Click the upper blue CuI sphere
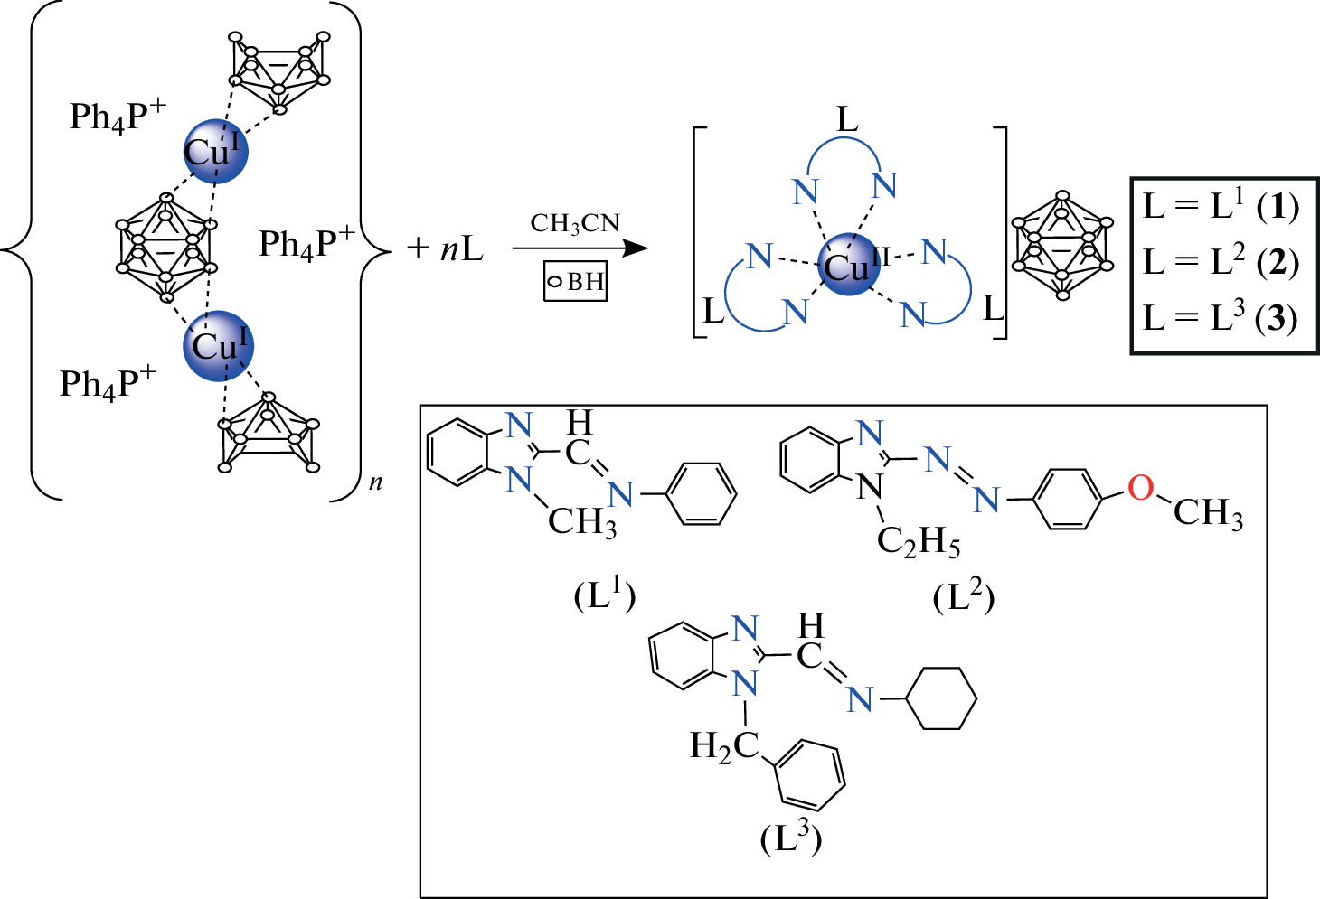pyautogui.click(x=215, y=151)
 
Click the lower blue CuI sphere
pyautogui.click(x=218, y=345)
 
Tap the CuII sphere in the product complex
pyautogui.click(x=848, y=265)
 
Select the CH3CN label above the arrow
pyautogui.click(x=575, y=224)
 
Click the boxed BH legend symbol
pyautogui.click(x=575, y=281)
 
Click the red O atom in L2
pyautogui.click(x=1140, y=488)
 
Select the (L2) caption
pyautogui.click(x=964, y=596)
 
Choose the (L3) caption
pyautogui.click(x=791, y=838)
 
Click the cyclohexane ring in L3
pyautogui.click(x=941, y=698)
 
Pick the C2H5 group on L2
pyautogui.click(x=918, y=541)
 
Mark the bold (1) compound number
pyautogui.click(x=1278, y=207)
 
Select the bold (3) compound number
pyautogui.click(x=1278, y=318)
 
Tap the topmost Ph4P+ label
pyautogui.click(x=118, y=116)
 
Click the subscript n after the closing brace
pyautogui.click(x=375, y=482)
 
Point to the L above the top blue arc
pyautogui.click(x=847, y=119)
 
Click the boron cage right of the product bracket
pyautogui.click(x=1062, y=245)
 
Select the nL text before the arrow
pyautogui.click(x=462, y=248)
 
